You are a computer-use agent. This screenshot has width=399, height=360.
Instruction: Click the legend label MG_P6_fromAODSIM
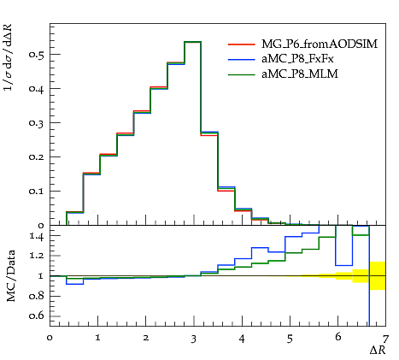click(x=320, y=44)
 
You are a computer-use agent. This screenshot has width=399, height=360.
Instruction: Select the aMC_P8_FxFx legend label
click(x=297, y=59)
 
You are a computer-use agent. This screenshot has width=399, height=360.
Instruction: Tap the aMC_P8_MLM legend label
click(x=300, y=74)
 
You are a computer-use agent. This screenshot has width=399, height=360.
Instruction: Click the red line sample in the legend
click(x=241, y=44)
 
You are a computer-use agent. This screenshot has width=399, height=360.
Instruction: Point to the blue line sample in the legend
click(x=241, y=60)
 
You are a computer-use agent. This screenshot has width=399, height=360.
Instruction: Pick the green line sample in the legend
click(x=241, y=74)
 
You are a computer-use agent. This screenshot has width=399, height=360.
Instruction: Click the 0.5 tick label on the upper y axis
click(x=36, y=55)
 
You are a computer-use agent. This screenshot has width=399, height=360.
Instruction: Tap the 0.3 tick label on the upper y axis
click(x=36, y=123)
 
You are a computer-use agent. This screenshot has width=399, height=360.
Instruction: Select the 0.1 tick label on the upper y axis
click(x=36, y=192)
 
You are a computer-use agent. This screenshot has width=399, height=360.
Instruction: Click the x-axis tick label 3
click(x=194, y=339)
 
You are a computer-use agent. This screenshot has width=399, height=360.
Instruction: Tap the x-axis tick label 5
click(x=290, y=339)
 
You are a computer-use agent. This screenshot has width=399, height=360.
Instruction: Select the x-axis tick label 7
click(x=385, y=339)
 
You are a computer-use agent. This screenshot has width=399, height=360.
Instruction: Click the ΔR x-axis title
click(x=378, y=351)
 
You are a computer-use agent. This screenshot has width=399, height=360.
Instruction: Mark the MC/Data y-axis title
click(x=11, y=276)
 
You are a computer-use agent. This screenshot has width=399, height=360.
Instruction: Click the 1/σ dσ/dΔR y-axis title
click(x=9, y=57)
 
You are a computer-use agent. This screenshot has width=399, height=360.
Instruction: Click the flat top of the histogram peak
click(x=193, y=42)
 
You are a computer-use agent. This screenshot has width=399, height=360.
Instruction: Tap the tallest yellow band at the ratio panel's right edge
click(x=378, y=275)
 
